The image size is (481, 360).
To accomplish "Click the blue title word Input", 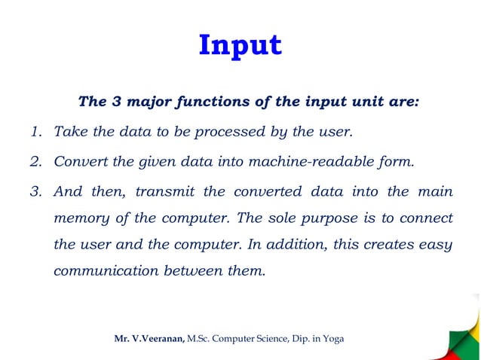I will click(x=240, y=46).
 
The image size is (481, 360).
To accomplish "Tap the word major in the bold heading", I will click(x=149, y=102).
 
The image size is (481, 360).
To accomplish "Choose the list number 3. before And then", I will click(x=35, y=191).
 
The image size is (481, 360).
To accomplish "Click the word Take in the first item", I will click(x=69, y=133).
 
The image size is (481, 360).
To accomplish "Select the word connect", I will click(x=425, y=219).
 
